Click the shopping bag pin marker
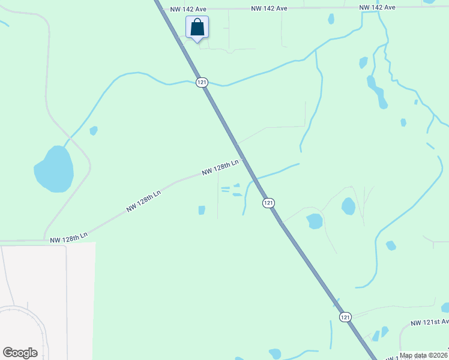click(x=197, y=28)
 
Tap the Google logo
click(x=20, y=353)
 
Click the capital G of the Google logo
click(x=8, y=353)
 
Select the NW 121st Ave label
click(x=430, y=322)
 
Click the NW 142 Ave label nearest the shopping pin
click(x=188, y=10)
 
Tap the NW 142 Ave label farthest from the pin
click(x=378, y=7)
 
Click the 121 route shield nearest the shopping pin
click(x=202, y=82)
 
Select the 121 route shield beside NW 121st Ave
click(x=345, y=317)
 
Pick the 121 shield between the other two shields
click(x=268, y=203)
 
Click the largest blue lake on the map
click(x=54, y=169)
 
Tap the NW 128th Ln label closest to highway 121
click(x=220, y=167)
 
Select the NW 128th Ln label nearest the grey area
click(x=68, y=239)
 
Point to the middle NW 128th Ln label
click(x=143, y=202)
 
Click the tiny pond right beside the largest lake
click(x=93, y=130)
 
